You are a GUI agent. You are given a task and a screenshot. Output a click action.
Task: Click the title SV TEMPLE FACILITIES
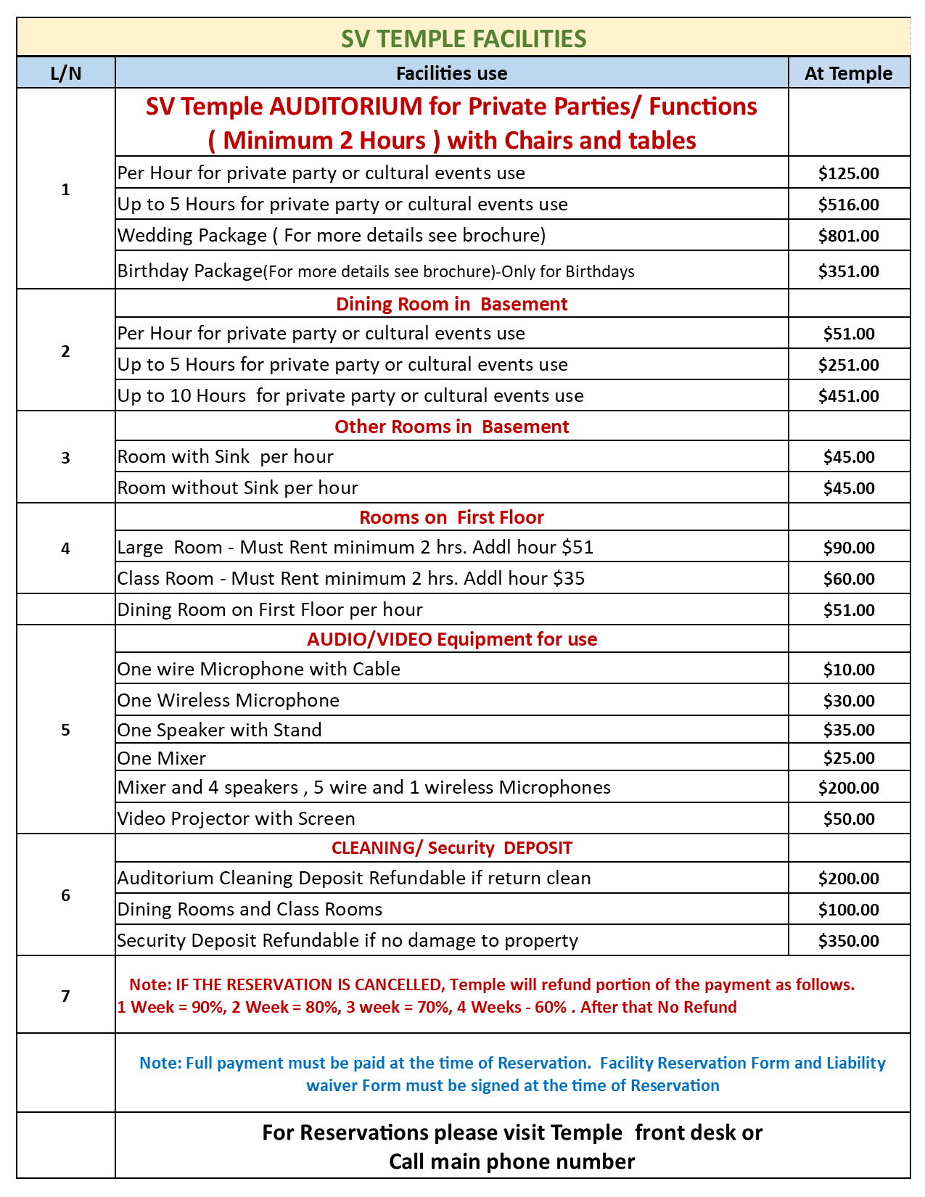(x=464, y=38)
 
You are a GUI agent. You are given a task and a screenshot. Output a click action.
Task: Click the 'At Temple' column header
(x=848, y=73)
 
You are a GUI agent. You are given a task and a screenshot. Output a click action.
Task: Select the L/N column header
(x=65, y=73)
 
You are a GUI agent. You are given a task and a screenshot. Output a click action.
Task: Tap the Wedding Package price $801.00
(x=848, y=236)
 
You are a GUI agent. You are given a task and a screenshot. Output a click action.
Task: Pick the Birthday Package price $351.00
(x=848, y=271)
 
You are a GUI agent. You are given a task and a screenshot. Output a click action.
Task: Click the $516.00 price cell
(x=848, y=205)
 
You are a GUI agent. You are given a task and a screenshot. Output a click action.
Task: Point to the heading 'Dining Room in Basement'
(x=451, y=304)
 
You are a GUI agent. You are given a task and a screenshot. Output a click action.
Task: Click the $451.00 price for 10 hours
(x=848, y=396)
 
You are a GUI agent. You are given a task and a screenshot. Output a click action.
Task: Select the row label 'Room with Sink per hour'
(x=225, y=457)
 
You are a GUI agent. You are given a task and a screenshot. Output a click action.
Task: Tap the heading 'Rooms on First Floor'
(x=451, y=517)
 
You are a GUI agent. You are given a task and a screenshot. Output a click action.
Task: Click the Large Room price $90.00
(x=848, y=548)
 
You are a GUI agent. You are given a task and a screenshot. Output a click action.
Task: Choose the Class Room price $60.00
(x=848, y=579)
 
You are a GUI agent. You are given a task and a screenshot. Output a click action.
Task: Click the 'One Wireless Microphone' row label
(x=228, y=701)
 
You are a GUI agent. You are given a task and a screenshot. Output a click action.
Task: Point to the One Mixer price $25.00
(x=848, y=759)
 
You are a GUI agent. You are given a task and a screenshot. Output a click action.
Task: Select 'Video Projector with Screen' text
(x=236, y=819)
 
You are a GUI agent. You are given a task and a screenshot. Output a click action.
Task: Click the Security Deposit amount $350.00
(x=848, y=941)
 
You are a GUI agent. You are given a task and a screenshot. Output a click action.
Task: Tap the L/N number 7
(x=65, y=996)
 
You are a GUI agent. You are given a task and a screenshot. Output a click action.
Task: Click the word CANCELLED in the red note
(x=399, y=985)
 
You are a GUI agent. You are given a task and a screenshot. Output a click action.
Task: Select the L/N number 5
(x=65, y=730)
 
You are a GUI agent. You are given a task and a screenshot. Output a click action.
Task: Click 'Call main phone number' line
(x=511, y=1162)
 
